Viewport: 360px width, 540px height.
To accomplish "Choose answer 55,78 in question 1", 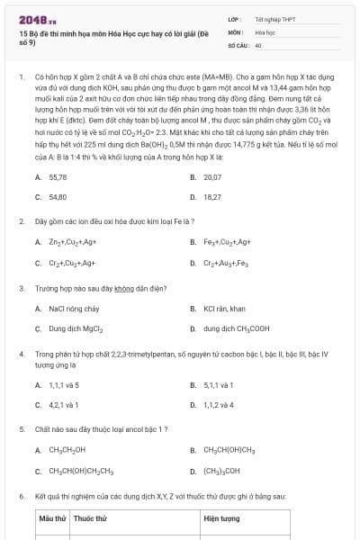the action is point(58,177).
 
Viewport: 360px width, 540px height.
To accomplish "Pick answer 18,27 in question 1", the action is point(212,195).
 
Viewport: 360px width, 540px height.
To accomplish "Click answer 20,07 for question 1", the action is point(212,177).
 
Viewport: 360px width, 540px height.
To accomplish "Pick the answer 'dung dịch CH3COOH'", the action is point(237,329).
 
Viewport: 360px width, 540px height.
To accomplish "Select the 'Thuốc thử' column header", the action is point(90,519).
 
